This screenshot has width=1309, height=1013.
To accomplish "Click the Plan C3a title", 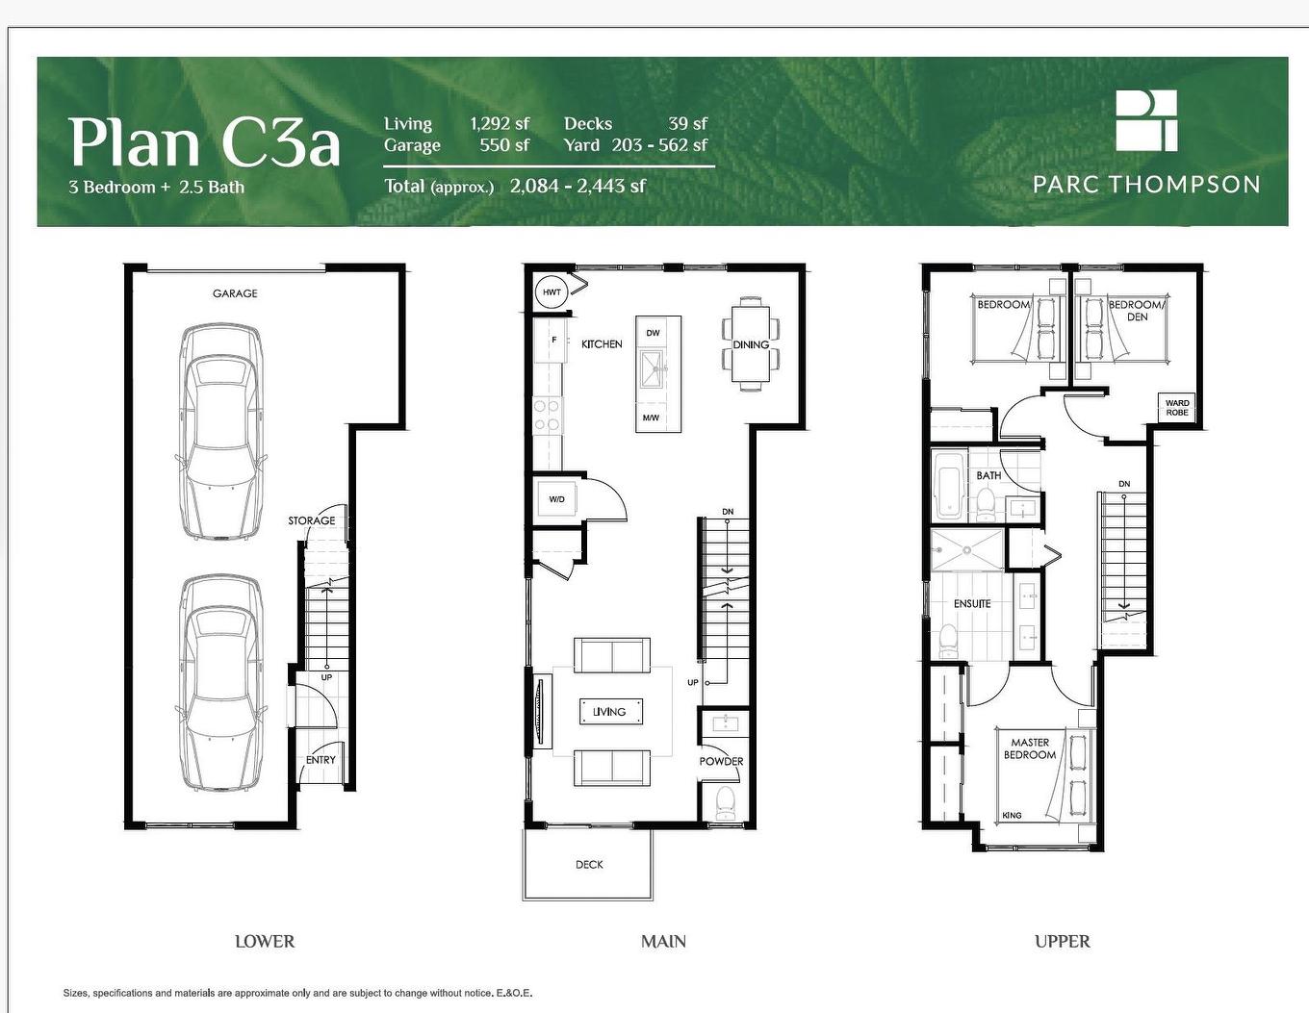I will (x=204, y=142).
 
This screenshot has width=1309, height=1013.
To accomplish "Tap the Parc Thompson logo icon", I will (x=1145, y=120).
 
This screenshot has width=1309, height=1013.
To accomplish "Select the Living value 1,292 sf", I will (x=500, y=123).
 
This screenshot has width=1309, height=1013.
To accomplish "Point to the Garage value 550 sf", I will (x=504, y=145).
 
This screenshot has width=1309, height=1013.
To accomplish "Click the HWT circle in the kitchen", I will (x=552, y=292).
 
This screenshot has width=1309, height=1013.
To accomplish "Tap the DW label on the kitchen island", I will (x=653, y=333).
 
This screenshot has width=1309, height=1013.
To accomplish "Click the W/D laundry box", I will (x=557, y=499).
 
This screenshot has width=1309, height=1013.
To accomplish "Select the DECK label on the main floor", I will (x=589, y=864).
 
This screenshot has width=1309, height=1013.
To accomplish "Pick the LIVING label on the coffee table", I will (x=609, y=712).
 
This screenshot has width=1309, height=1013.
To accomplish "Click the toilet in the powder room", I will (x=726, y=802).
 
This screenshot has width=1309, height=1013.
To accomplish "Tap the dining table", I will (x=750, y=344).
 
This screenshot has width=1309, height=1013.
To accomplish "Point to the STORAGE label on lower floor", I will (x=312, y=520).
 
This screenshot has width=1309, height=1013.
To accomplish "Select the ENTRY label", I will (x=321, y=759).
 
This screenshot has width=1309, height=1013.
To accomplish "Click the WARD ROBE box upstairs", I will (x=1177, y=408).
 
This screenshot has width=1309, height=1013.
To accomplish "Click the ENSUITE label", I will (x=972, y=603).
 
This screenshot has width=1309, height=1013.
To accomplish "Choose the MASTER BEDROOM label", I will (x=1030, y=748).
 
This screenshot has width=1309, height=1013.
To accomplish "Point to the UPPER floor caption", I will (x=1062, y=941).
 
